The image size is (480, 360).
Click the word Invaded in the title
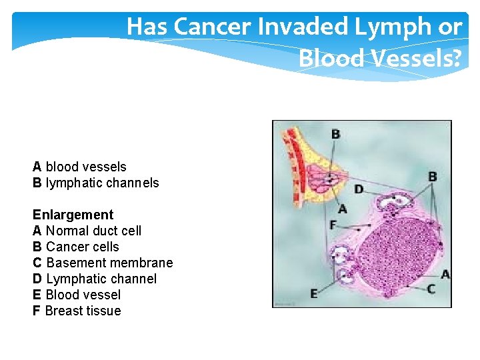click(308, 27)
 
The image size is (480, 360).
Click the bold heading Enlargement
click(73, 215)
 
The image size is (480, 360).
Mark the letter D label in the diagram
click(359, 189)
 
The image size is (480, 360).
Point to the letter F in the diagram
click(333, 225)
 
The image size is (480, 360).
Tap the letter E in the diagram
click(314, 293)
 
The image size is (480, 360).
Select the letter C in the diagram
click(431, 289)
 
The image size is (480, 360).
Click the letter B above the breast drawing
click(335, 134)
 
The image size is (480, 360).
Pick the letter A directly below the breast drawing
click(342, 209)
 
